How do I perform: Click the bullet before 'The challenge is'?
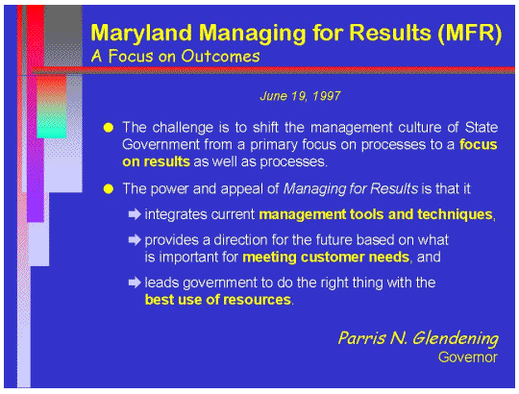[x=109, y=127]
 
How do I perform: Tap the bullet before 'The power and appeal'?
[x=109, y=187]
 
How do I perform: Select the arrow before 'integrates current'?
[x=135, y=212]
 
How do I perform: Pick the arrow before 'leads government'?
[x=135, y=283]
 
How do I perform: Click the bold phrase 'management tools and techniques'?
[x=375, y=212]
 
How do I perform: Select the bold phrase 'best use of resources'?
[x=218, y=299]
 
